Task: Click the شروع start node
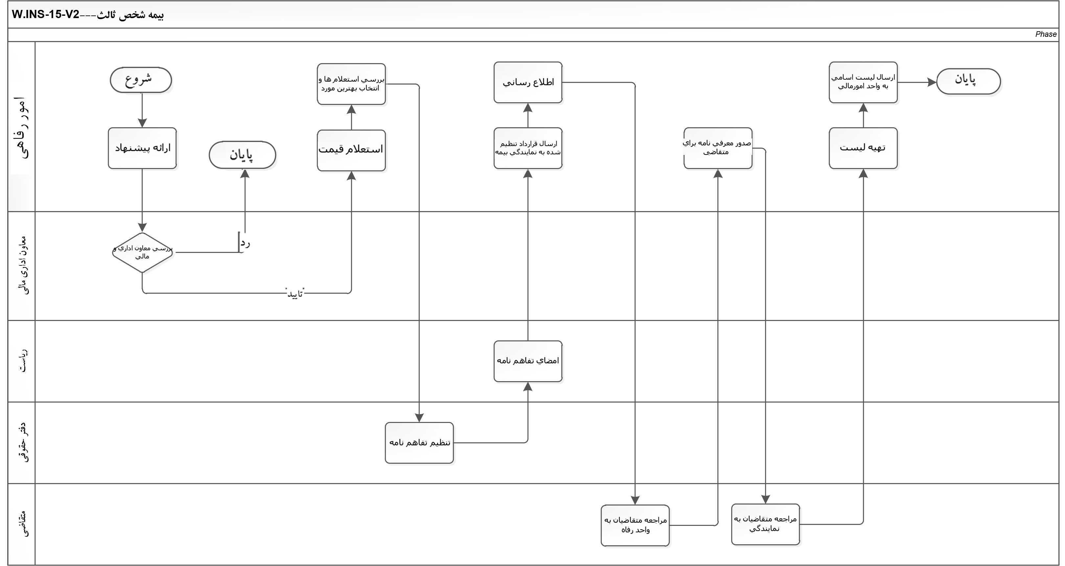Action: pyautogui.click(x=141, y=80)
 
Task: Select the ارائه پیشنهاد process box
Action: pyautogui.click(x=142, y=148)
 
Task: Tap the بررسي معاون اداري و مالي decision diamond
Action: pyautogui.click(x=142, y=252)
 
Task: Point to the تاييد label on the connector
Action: pyautogui.click(x=295, y=293)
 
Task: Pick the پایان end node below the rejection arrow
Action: pyautogui.click(x=242, y=155)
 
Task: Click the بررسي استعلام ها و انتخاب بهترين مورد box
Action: pyautogui.click(x=351, y=84)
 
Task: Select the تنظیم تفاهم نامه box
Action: pyautogui.click(x=419, y=443)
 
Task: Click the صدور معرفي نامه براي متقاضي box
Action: pyautogui.click(x=718, y=148)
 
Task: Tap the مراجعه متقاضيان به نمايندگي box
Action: pyautogui.click(x=765, y=524)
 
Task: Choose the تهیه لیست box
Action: pyautogui.click(x=863, y=148)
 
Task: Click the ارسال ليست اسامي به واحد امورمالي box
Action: pyautogui.click(x=863, y=82)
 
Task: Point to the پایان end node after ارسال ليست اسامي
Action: pyautogui.click(x=968, y=81)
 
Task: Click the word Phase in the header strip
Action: pyautogui.click(x=1046, y=34)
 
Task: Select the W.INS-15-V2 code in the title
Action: pyautogui.click(x=45, y=15)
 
